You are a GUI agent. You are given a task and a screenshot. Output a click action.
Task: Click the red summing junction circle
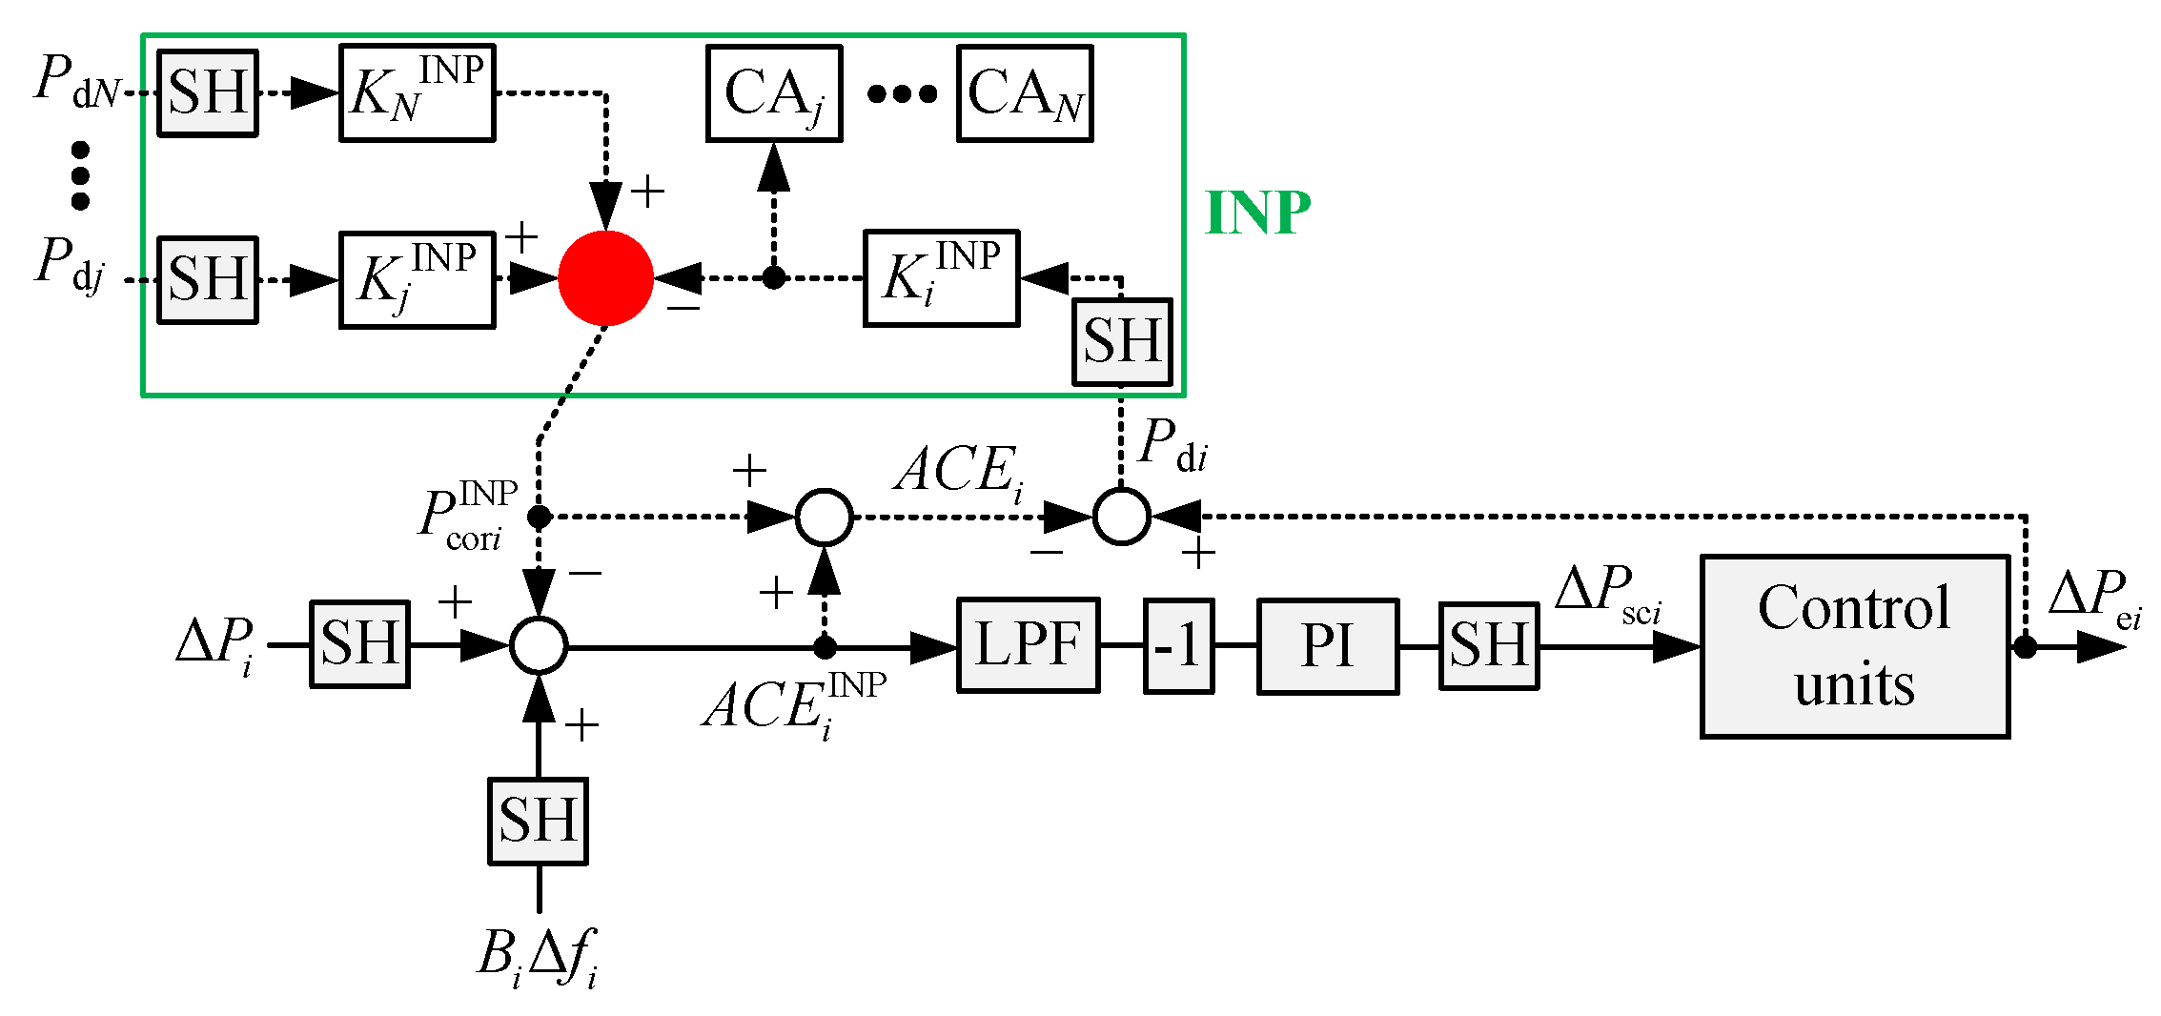(x=605, y=278)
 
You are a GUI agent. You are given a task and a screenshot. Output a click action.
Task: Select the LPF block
(x=1028, y=645)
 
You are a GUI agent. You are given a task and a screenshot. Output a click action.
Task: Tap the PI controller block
(x=1327, y=646)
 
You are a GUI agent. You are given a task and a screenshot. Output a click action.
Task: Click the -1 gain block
(x=1178, y=646)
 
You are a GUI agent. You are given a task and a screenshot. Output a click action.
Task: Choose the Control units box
(x=1854, y=646)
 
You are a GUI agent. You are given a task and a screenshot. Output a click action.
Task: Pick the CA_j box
(x=773, y=93)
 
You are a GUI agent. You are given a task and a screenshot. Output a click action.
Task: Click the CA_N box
(x=1024, y=93)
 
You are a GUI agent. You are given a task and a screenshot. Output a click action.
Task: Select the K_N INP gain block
(x=417, y=93)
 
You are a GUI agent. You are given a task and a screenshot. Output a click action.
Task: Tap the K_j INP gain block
(x=417, y=280)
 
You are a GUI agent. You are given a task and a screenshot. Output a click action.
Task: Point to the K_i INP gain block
(x=941, y=278)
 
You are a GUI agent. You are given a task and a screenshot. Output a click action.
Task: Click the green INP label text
(x=1257, y=213)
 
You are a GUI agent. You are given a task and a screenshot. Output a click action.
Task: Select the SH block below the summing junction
(x=538, y=821)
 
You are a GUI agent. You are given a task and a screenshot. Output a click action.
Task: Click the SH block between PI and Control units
(x=1488, y=645)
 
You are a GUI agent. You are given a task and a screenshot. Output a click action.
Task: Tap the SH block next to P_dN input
(x=208, y=93)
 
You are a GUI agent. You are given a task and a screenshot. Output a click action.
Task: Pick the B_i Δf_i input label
(x=538, y=956)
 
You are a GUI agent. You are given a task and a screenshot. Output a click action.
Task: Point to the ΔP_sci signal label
(x=1608, y=594)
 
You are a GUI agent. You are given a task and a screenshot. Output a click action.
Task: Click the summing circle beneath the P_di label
(x=1121, y=517)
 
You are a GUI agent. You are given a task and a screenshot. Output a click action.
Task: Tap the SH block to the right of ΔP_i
(x=359, y=644)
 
